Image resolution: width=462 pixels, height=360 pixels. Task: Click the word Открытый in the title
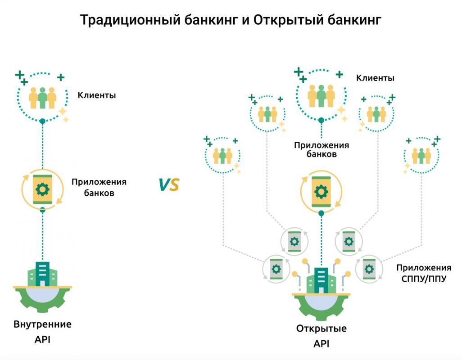coord(282,20)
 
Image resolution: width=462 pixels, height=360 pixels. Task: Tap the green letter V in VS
coord(163,184)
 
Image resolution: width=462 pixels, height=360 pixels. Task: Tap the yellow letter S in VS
coord(174,184)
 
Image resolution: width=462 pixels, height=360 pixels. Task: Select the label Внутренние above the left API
coord(42,324)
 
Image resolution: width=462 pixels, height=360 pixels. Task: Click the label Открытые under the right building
coord(321,328)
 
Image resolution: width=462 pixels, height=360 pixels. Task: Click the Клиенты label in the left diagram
coord(97,95)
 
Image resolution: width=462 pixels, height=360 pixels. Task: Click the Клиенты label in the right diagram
coord(376,78)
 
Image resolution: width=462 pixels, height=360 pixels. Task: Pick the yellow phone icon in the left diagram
coord(42,189)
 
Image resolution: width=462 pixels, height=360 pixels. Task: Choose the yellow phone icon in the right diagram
coord(321,192)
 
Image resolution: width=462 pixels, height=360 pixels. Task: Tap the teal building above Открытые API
coord(321,279)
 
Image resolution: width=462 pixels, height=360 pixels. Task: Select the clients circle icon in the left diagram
coord(42,97)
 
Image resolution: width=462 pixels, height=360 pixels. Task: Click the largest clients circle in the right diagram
coord(321,94)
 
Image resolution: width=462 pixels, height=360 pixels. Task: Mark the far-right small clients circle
coord(421,156)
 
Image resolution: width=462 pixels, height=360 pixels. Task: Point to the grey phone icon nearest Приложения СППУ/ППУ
coord(369,270)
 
